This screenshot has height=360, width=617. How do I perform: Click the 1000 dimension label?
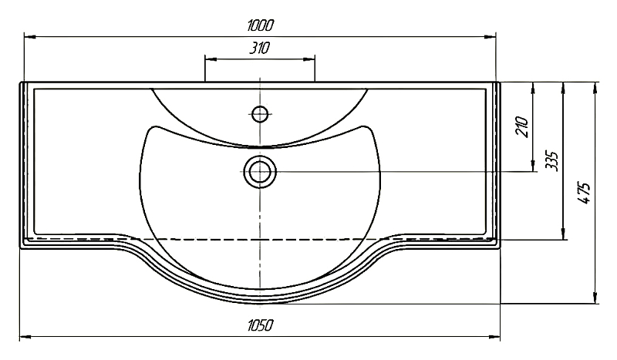(260, 26)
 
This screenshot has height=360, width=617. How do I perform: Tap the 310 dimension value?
(260, 48)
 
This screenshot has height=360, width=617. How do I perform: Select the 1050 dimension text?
(260, 326)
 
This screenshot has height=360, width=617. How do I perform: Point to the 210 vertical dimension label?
(522, 126)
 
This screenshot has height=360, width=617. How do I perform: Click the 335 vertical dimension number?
(551, 160)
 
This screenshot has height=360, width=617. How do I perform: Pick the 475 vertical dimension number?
(584, 193)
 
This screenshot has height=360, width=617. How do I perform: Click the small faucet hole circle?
(260, 114)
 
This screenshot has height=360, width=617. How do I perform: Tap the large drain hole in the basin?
(260, 172)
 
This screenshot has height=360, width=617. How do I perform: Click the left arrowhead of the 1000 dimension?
(30, 37)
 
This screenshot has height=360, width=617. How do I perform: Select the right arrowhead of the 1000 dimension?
(490, 37)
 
